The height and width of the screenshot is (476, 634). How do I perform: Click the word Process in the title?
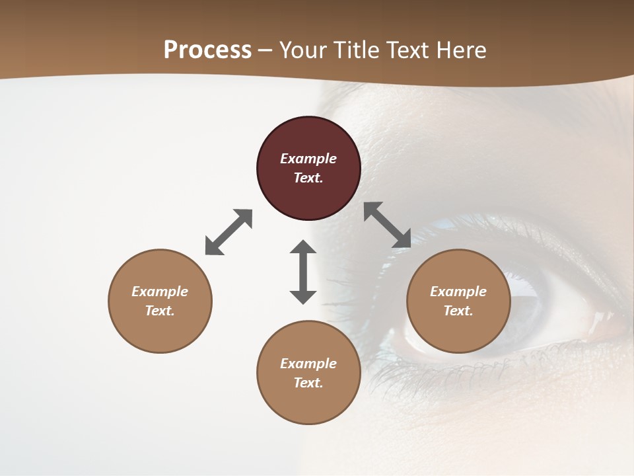[x=207, y=50]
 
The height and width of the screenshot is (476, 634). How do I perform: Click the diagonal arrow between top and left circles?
[x=229, y=232]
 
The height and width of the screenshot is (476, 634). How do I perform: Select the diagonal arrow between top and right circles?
[x=388, y=225]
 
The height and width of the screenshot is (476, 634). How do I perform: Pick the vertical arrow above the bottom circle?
[x=303, y=272]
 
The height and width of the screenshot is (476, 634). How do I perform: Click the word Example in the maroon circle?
[x=308, y=159]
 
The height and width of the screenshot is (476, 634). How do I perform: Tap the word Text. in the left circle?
[x=160, y=311]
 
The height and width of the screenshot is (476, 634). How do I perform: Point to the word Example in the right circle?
[x=458, y=292]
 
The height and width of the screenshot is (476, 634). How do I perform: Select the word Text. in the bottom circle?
[x=308, y=383]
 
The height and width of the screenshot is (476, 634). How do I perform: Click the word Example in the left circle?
[x=160, y=292]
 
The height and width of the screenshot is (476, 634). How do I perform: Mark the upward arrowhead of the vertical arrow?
[x=303, y=247]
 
